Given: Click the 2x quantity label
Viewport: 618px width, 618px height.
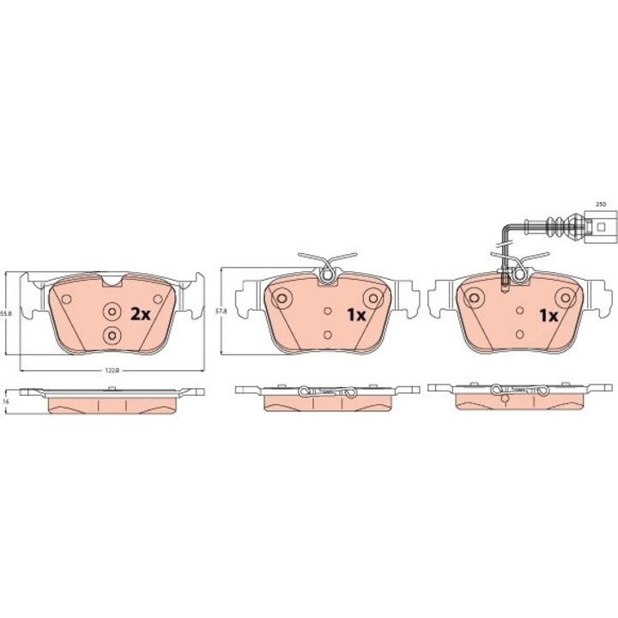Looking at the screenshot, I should (x=140, y=314).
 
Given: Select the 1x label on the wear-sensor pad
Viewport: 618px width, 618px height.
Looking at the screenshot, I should (x=548, y=315).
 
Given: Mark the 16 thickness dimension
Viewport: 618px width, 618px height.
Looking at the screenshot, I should (x=6, y=401).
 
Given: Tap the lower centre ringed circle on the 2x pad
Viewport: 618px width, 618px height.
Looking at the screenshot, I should (x=111, y=335).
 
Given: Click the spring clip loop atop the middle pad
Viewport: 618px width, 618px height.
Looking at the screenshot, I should (x=326, y=275).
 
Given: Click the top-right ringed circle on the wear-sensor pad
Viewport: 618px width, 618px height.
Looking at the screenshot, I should (x=564, y=297).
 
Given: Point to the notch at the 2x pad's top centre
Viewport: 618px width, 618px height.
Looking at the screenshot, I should (x=112, y=280).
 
